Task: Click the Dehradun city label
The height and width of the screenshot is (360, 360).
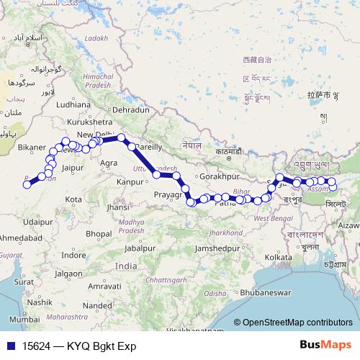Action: (130, 109)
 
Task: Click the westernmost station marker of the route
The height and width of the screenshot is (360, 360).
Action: (27, 184)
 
